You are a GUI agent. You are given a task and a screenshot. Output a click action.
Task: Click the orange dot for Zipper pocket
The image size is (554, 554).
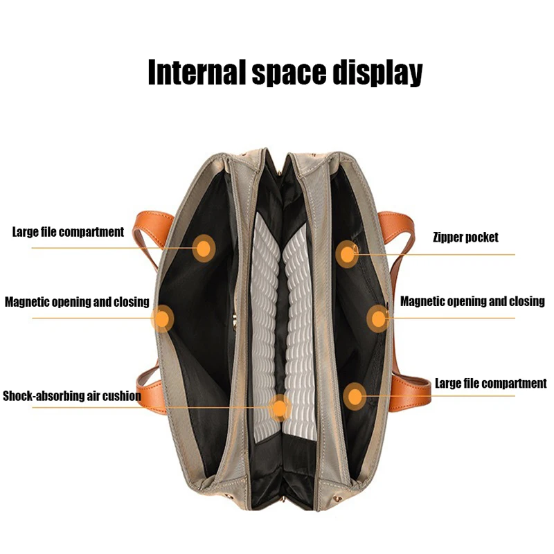coord(347,253)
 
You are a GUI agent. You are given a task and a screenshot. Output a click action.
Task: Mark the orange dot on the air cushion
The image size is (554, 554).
coord(279,408)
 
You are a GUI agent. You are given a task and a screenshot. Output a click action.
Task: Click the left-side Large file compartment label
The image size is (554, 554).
coord(68,232)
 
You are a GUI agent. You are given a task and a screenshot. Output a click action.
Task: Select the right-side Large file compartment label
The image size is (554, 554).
coord(490,384)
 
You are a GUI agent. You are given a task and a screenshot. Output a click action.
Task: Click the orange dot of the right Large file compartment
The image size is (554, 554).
coord(355,396)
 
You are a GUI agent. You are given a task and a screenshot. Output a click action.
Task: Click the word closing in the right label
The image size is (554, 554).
coord(527,301)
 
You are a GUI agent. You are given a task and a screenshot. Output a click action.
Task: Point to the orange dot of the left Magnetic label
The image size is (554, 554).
coord(162,319)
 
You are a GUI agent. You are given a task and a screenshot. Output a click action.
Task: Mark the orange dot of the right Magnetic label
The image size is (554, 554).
coord(378,319)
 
